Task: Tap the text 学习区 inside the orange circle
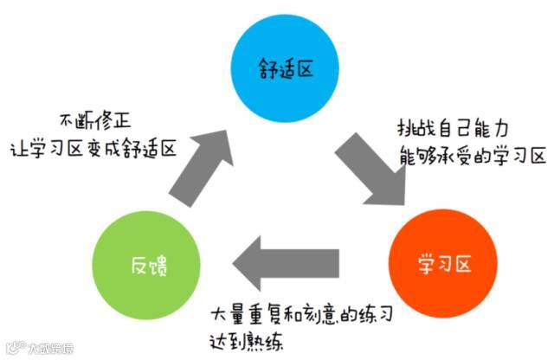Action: click(442, 260)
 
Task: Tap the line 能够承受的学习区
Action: click(473, 156)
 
